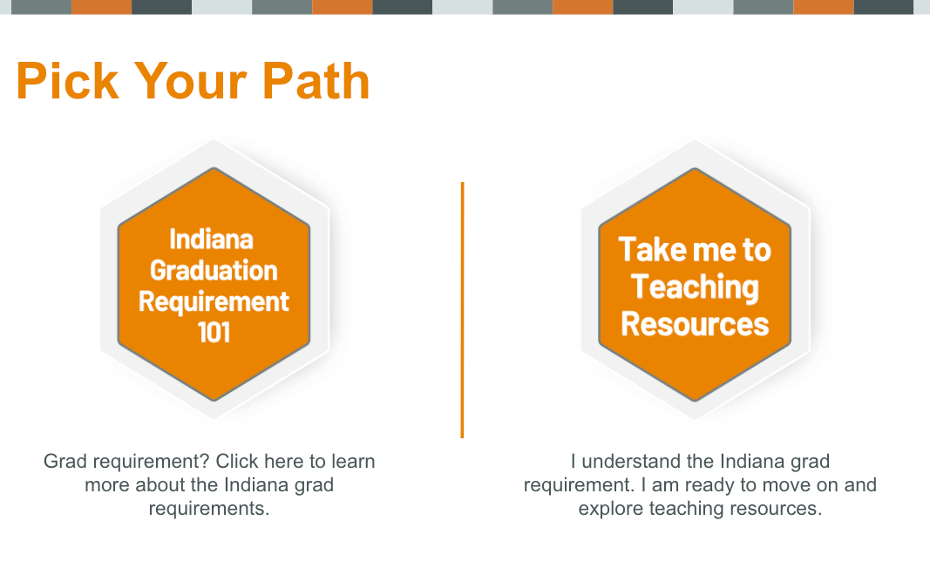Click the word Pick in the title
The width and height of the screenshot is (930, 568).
coord(67,81)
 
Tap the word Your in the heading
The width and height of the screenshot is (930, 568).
coord(190,81)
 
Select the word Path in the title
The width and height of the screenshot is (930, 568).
coord(316,81)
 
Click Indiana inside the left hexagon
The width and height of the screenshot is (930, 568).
coord(211,240)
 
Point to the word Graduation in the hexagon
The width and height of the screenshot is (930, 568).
coord(214,271)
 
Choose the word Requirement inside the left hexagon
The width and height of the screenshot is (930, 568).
coord(214,302)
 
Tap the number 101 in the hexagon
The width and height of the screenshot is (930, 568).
coord(214,333)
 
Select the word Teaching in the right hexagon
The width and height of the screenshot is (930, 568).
coord(695,287)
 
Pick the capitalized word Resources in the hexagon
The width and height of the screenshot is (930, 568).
coord(695,324)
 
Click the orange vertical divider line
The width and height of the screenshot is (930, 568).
coord(462,310)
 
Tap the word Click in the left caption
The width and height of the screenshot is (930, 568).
coord(237,461)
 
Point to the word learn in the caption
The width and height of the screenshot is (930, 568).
coord(353,461)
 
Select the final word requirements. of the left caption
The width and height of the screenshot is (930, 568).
coord(209,509)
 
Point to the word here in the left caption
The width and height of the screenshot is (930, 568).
coord(283,461)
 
